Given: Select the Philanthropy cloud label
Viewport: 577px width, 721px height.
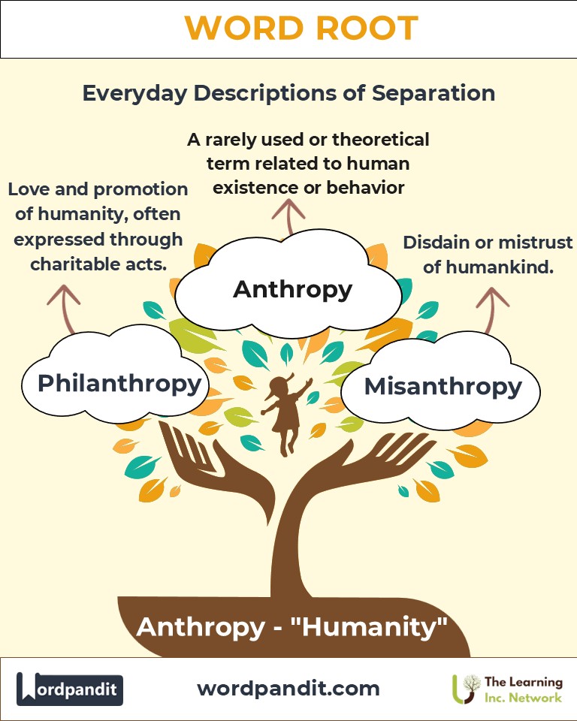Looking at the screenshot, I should point(119,383).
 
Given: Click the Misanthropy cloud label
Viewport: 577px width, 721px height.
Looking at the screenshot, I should point(443,386).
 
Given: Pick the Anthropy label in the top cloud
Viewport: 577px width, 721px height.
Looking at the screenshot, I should point(292,289).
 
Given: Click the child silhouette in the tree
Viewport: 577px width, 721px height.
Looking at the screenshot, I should point(285,413).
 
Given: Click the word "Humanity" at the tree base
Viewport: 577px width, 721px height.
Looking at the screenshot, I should point(388,626).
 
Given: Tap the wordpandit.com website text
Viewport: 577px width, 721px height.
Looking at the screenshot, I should point(288,688).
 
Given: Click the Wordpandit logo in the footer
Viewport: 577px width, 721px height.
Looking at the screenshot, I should point(69,689).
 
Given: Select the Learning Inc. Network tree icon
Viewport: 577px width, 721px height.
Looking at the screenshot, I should point(467,688).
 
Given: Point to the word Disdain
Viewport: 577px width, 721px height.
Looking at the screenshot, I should point(436,243).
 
